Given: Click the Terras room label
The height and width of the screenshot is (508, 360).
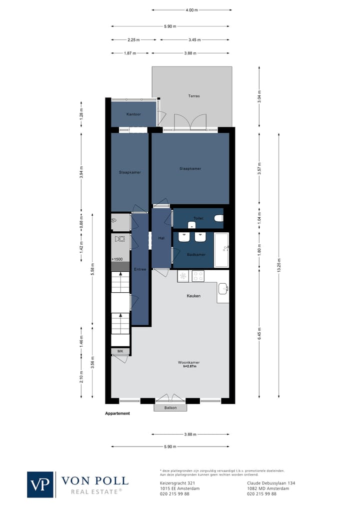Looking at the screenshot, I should click(x=194, y=96).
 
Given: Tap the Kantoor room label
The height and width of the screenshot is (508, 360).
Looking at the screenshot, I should click(x=133, y=114).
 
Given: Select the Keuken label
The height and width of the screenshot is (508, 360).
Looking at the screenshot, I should click(x=193, y=296).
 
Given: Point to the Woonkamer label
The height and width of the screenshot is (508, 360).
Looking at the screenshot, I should click(x=189, y=362).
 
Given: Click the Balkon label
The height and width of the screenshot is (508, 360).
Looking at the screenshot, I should click(x=170, y=408).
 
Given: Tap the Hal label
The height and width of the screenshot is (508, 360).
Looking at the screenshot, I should click(x=161, y=238).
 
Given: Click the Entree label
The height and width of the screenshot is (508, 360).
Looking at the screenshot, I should click(x=140, y=269).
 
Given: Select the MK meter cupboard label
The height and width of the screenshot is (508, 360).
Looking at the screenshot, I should click(x=120, y=351).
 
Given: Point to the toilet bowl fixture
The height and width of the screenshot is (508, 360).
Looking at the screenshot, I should click(x=218, y=218).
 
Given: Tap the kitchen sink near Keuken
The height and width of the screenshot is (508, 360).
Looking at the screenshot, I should click(x=223, y=288).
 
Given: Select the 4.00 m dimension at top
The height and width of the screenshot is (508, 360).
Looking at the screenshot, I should click(x=191, y=10).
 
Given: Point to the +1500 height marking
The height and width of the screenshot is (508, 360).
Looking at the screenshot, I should click(x=117, y=259).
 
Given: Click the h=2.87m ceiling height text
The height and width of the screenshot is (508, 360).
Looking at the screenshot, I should click(x=189, y=367).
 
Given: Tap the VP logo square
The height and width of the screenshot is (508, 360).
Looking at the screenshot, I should click(x=40, y=484).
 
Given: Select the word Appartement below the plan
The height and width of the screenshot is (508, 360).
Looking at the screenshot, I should click(x=117, y=414).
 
